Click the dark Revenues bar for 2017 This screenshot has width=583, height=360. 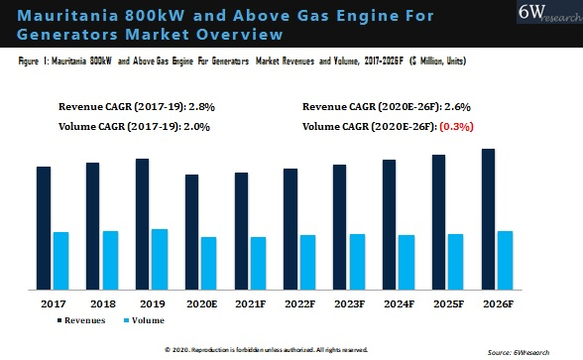click(x=44, y=228)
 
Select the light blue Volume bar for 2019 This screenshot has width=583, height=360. click(x=159, y=259)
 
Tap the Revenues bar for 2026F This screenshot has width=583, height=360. click(x=488, y=219)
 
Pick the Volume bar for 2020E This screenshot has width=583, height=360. click(x=208, y=263)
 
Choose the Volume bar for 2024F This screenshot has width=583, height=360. click(x=406, y=262)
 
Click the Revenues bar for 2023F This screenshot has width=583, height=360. click(x=340, y=227)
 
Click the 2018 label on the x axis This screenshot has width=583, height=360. click(x=101, y=302)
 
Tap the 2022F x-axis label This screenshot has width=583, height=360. click(x=299, y=302)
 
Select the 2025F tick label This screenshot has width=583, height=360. click(x=447, y=302)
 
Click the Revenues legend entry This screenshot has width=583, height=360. click(x=86, y=320)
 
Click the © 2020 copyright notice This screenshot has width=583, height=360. click(x=266, y=350)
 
